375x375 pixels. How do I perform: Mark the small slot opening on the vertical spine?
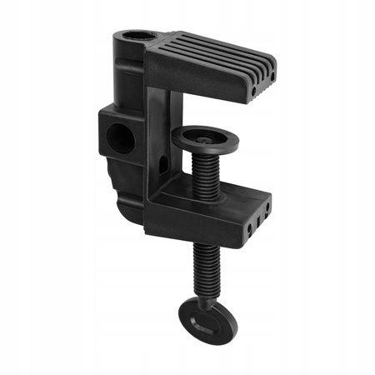[164, 164]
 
